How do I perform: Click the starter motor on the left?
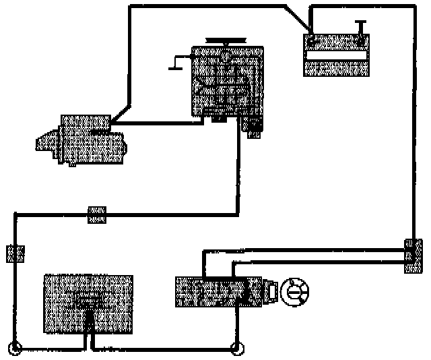click(84, 140)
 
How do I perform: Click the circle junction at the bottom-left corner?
click(16, 349)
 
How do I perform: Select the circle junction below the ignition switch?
click(236, 349)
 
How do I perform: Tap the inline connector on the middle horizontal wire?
click(97, 215)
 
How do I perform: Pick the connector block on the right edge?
click(411, 256)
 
